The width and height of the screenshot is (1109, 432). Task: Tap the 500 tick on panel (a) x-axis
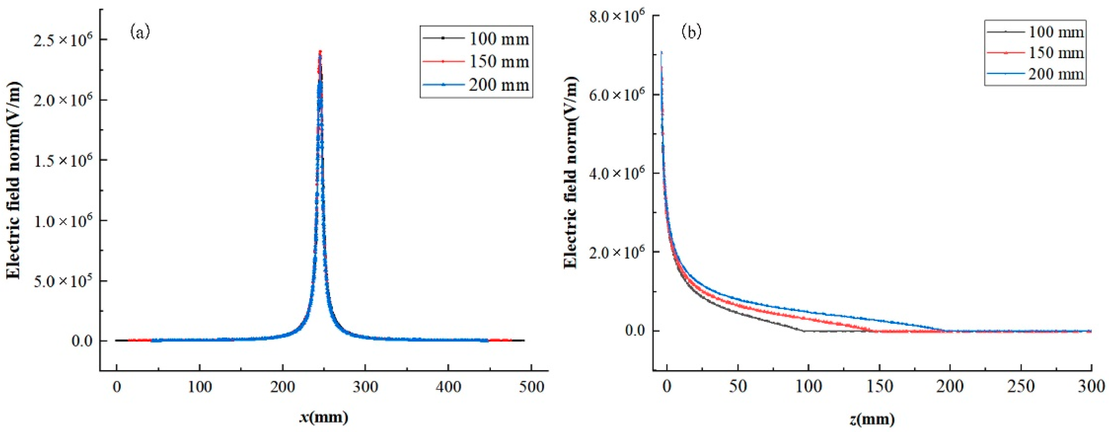531,387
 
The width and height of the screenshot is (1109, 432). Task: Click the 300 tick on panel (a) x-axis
365,387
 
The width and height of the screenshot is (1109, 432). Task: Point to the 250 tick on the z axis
1021,387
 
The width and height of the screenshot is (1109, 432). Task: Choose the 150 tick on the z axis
880,387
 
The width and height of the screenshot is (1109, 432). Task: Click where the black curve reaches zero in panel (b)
804,331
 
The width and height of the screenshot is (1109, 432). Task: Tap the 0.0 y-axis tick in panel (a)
82,341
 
